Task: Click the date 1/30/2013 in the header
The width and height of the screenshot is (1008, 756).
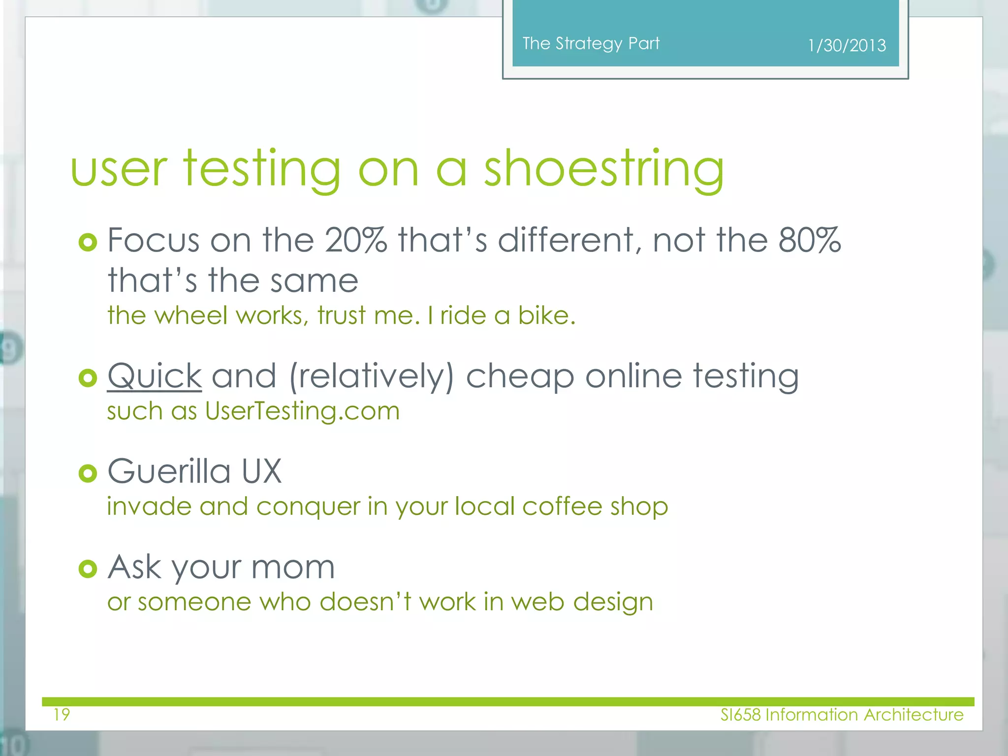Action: tap(847, 46)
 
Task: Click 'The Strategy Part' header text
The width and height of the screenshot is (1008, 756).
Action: tap(591, 44)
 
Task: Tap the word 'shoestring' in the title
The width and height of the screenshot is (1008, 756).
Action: tap(604, 170)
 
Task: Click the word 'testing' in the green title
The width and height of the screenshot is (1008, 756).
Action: tap(262, 170)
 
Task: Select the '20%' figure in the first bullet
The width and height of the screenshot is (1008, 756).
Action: tap(356, 240)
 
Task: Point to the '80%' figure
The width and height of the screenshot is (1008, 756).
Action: tap(810, 240)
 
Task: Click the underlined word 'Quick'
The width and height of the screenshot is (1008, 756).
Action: tap(155, 377)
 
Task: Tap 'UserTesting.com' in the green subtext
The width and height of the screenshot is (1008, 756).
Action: tap(302, 411)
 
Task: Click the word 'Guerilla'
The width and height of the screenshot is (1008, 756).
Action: tap(169, 471)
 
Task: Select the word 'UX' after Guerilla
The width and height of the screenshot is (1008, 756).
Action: tap(261, 471)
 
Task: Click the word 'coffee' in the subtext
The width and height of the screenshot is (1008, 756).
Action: tap(562, 506)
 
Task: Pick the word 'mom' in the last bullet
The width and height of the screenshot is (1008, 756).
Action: tap(293, 567)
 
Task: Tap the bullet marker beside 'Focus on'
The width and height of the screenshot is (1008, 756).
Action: tap(88, 242)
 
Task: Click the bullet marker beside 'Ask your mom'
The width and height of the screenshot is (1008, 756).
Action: tap(88, 569)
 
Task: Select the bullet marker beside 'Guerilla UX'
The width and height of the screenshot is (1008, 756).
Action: tap(88, 473)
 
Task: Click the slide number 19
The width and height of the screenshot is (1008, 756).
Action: tap(62, 714)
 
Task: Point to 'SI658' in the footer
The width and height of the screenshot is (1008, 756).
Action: tap(740, 715)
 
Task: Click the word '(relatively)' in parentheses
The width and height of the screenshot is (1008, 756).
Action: tap(372, 377)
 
